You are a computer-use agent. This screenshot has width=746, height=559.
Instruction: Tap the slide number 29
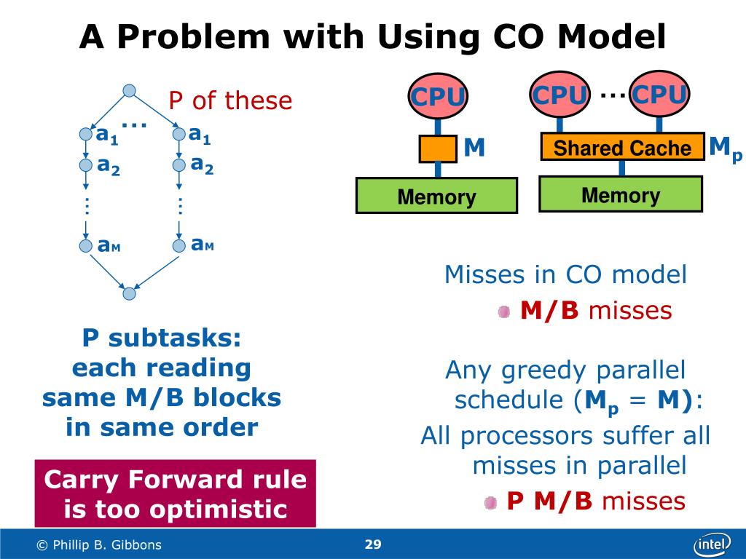(x=373, y=544)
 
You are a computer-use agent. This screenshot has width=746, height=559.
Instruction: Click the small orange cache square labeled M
(x=437, y=148)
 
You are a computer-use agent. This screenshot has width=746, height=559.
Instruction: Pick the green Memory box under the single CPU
(x=436, y=196)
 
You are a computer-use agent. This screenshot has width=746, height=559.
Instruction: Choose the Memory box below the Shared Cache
(x=621, y=194)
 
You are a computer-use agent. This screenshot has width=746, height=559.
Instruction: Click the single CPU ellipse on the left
(x=437, y=96)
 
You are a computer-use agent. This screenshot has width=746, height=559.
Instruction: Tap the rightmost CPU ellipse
(x=659, y=95)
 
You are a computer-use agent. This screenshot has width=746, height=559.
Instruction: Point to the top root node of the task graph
(x=129, y=90)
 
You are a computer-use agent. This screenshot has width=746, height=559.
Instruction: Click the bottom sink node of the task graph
(x=129, y=294)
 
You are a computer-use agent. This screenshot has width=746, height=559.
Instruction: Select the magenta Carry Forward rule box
(x=176, y=493)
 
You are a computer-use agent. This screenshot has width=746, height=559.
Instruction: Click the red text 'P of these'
(x=230, y=100)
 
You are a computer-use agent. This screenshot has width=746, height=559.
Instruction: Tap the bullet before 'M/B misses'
(x=504, y=312)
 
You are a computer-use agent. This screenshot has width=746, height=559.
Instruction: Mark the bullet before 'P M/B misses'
(x=491, y=501)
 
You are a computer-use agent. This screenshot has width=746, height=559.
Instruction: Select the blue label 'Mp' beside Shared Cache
(x=726, y=148)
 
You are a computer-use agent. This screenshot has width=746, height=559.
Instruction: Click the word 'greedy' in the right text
(x=538, y=371)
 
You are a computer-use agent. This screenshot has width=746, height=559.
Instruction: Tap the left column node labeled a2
(x=86, y=165)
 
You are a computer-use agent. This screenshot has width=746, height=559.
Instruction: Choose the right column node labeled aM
(x=179, y=246)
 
